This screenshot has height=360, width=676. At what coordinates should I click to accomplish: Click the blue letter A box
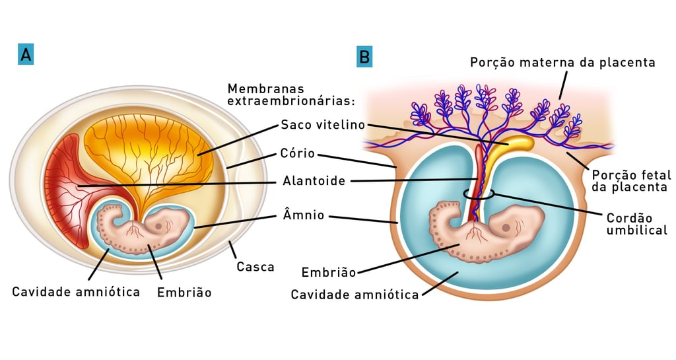(26, 55)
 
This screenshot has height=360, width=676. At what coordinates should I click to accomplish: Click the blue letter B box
(364, 57)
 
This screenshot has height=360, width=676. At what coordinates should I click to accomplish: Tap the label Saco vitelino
(322, 124)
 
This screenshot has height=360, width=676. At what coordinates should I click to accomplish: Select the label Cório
(298, 155)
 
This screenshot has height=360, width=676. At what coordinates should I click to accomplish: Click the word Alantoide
(314, 180)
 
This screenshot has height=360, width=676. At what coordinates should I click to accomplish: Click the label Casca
(255, 267)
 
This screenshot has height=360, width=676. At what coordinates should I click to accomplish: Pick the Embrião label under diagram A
(184, 291)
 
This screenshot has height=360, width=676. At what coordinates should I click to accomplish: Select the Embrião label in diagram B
(328, 271)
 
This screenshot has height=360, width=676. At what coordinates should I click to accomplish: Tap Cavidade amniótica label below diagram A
(76, 291)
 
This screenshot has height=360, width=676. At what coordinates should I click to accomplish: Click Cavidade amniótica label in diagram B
(355, 295)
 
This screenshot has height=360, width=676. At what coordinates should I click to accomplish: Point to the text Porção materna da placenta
(562, 62)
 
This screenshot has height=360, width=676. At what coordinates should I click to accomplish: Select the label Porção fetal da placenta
(631, 181)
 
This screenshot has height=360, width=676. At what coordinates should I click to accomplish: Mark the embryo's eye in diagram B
(506, 227)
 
